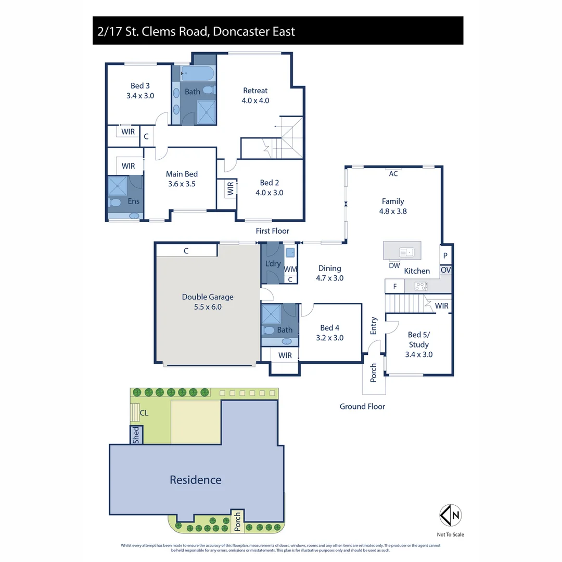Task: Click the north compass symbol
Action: (451, 515)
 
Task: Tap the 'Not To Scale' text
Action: (451, 534)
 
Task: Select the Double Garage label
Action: (208, 302)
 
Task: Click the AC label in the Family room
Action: (393, 174)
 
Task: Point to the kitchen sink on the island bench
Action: (406, 252)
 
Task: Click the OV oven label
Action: (446, 271)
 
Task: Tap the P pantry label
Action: (445, 256)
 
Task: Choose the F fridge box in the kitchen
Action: (394, 286)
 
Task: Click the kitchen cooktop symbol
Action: (420, 286)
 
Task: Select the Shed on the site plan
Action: (136, 435)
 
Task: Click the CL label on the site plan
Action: (144, 414)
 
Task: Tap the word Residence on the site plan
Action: (195, 480)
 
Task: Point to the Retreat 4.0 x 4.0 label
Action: (255, 96)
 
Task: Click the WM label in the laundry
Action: (290, 269)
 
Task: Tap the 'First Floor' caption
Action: (272, 231)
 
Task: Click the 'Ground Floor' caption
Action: (362, 406)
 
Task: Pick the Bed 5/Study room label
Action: (419, 344)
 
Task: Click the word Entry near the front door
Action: (374, 326)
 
